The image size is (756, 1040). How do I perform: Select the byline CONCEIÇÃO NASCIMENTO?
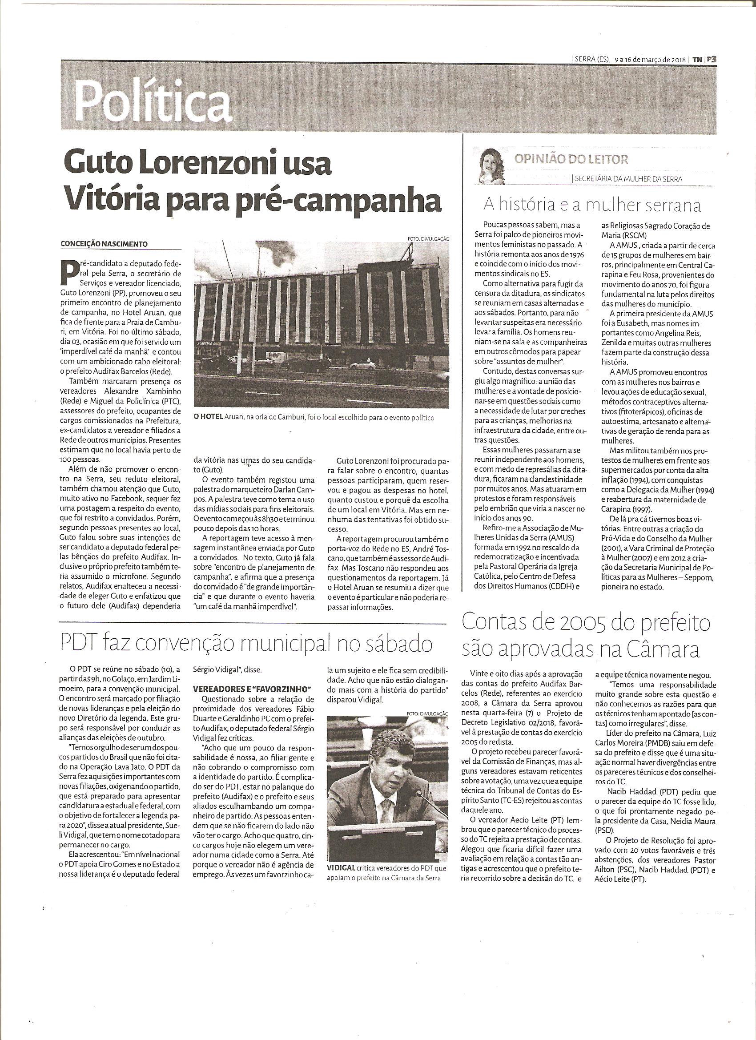click(x=104, y=243)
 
